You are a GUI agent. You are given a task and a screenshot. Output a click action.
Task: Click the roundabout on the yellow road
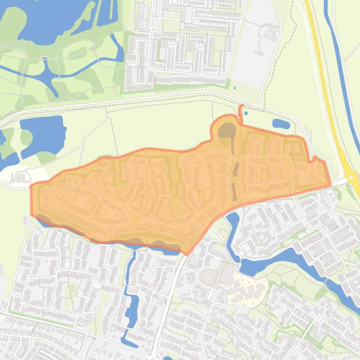point(352,177)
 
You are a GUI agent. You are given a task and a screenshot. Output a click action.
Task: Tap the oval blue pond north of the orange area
point(281,124)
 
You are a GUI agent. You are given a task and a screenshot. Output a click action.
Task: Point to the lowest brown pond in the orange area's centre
point(234,191)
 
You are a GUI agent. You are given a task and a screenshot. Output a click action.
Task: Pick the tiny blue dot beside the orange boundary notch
point(246,113)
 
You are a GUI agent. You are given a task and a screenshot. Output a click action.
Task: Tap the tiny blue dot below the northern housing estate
point(235,87)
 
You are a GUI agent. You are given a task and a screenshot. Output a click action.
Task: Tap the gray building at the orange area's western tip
point(21,177)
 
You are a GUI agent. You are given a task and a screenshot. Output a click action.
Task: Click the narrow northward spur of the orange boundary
point(241,112)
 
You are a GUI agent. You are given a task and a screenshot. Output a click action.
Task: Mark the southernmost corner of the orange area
point(187,254)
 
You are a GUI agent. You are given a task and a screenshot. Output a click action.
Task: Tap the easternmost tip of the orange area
point(330,183)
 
